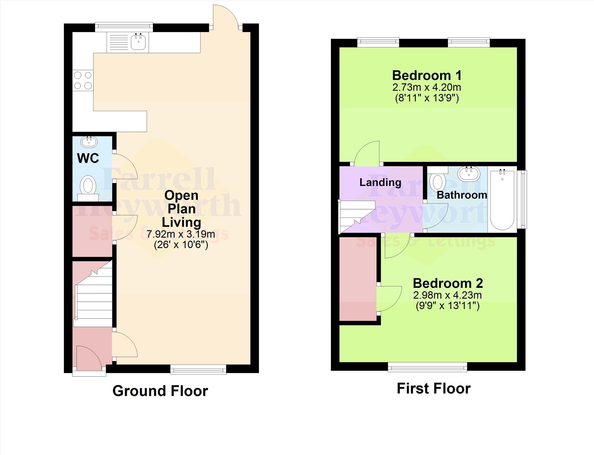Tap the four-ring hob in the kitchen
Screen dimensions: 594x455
point(83,80)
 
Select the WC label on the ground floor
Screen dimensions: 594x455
point(88,158)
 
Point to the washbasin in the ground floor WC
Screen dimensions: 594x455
point(89,142)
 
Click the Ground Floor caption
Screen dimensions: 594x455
point(160,391)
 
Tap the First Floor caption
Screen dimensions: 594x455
point(433,389)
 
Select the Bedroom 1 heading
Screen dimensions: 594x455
point(427,75)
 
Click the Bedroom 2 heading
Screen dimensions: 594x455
point(448,283)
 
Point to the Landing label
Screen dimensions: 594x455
point(380,182)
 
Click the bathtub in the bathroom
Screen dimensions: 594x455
point(502,200)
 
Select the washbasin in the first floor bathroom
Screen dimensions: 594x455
point(469,173)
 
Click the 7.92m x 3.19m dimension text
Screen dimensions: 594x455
point(181,234)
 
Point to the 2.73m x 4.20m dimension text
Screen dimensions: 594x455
point(427,87)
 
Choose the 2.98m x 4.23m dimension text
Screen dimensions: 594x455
point(447,295)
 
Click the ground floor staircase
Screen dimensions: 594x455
point(93,294)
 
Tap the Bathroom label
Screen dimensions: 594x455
point(462,195)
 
